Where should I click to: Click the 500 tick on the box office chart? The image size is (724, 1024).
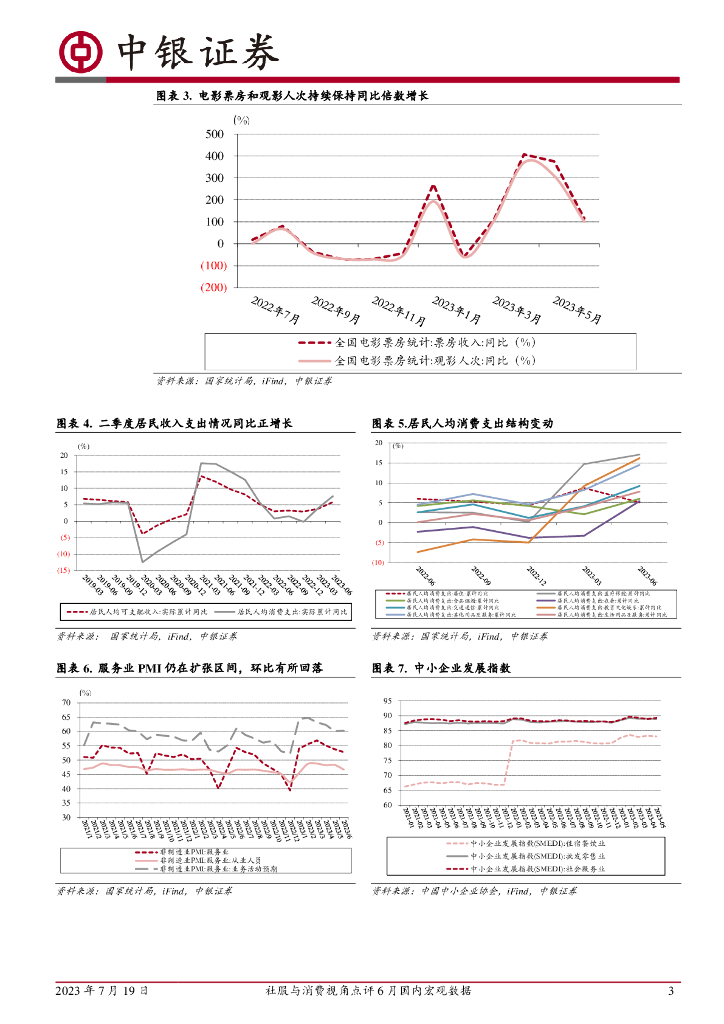pyautogui.click(x=212, y=134)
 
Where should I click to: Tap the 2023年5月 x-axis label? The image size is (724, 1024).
pyautogui.click(x=579, y=312)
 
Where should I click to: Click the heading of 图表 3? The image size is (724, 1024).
pyautogui.click(x=292, y=96)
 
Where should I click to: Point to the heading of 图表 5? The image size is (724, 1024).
pyautogui.click(x=461, y=423)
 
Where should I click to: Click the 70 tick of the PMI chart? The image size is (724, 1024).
pyautogui.click(x=65, y=703)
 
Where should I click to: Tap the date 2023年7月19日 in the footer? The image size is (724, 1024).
pyautogui.click(x=102, y=991)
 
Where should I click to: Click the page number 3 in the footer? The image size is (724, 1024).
pyautogui.click(x=671, y=991)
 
